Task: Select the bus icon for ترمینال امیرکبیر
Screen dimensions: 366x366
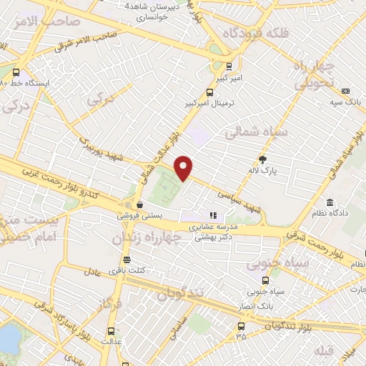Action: click(209, 92)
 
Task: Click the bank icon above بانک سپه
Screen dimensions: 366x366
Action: click(345, 91)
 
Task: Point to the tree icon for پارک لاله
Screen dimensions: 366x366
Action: click(263, 159)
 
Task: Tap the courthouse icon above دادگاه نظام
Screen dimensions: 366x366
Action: click(330, 202)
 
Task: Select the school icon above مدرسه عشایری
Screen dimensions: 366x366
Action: click(212, 214)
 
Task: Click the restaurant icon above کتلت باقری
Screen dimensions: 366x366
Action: click(127, 259)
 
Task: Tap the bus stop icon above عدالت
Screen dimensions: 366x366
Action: click(110, 331)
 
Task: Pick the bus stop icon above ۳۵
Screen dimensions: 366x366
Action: click(240, 326)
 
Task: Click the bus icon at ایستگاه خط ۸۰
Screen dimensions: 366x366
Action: click(16, 72)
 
